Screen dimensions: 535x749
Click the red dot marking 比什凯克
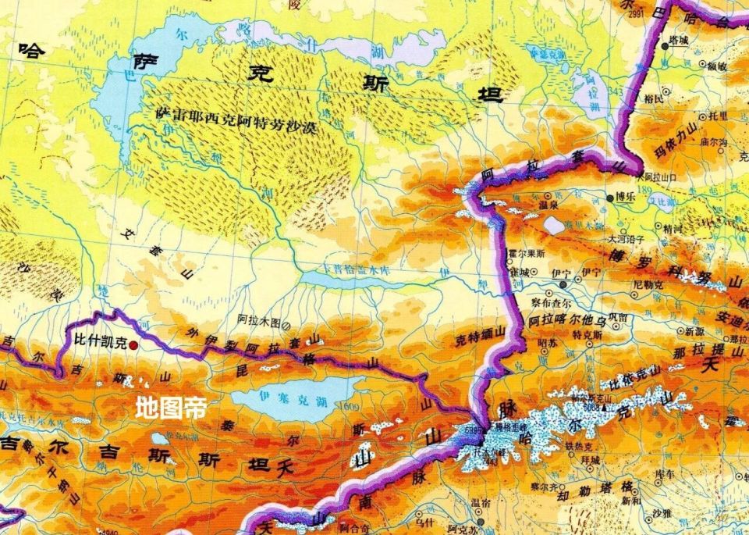134,344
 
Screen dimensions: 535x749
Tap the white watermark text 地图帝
171,408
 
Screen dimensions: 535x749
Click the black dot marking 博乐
610,198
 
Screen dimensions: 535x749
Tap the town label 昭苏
548,342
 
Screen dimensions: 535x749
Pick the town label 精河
672,230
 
